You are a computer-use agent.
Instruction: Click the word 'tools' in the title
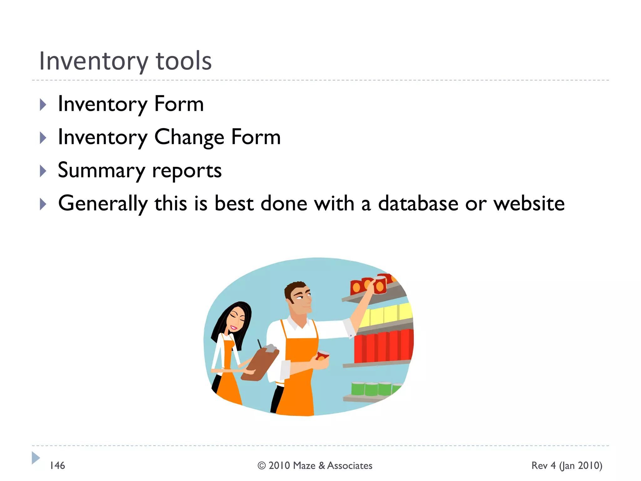tap(183, 61)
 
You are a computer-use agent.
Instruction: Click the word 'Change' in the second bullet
tap(189, 137)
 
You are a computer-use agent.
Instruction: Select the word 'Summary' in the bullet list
tap(101, 170)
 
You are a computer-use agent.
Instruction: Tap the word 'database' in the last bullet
tap(418, 204)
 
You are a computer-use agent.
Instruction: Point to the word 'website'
tap(529, 204)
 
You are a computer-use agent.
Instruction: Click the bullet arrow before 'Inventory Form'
tap(43, 105)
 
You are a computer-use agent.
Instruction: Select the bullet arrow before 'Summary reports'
tap(43, 171)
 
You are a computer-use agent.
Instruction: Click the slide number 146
tap(57, 466)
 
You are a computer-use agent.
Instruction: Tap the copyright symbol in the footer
tap(262, 466)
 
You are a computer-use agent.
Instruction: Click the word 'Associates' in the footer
tap(350, 466)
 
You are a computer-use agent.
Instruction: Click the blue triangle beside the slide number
tap(36, 458)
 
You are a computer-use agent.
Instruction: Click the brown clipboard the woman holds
tap(260, 365)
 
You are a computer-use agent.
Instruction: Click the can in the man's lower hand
tap(322, 355)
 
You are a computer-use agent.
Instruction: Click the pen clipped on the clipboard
tap(259, 344)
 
